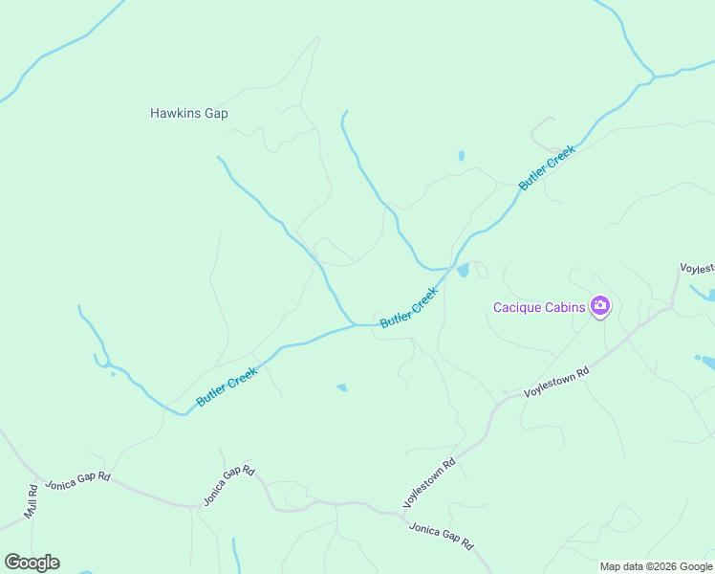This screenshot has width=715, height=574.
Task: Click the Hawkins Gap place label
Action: click(x=188, y=113)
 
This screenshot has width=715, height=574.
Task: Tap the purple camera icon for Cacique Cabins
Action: click(x=600, y=307)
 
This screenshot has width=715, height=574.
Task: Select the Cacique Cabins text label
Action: click(x=539, y=308)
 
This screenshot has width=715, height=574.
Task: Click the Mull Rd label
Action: click(x=32, y=500)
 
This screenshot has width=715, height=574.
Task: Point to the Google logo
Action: click(x=32, y=562)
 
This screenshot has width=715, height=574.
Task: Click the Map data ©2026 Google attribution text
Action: click(x=657, y=566)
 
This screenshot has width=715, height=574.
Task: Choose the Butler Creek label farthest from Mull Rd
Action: click(x=548, y=170)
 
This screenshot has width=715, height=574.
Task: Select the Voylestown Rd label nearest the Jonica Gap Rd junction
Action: click(x=429, y=482)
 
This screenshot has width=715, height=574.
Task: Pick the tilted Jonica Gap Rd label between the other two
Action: click(x=228, y=485)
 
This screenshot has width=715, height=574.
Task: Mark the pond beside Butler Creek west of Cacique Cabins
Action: click(x=464, y=271)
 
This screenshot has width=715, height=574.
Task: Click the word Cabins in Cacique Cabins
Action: click(x=564, y=308)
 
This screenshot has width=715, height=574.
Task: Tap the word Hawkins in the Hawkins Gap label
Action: click(x=175, y=113)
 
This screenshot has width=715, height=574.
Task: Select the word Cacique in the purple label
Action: click(x=515, y=308)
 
